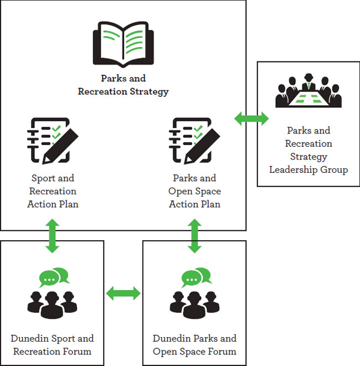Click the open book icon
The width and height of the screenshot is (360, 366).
(123, 44)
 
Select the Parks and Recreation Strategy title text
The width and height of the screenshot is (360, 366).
(123, 85)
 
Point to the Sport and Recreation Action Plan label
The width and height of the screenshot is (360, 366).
(52, 191)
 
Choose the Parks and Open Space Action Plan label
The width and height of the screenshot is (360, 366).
(194, 191)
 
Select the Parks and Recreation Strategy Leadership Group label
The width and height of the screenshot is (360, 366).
(308, 150)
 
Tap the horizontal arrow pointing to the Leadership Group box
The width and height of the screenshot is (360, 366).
(251, 118)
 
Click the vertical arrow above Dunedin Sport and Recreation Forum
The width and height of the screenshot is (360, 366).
(52, 236)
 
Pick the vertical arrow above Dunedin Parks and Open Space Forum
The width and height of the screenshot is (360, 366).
(194, 236)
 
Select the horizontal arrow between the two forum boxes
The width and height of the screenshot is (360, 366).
(124, 293)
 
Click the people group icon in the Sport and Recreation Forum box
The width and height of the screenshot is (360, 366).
(52, 302)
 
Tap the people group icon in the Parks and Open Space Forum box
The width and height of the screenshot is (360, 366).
(194, 302)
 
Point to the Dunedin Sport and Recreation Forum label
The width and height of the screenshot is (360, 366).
(52, 344)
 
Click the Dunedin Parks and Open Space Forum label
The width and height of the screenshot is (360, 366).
(194, 344)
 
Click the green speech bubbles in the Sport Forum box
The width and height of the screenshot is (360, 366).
(54, 276)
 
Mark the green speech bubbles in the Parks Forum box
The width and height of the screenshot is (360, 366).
(196, 276)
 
